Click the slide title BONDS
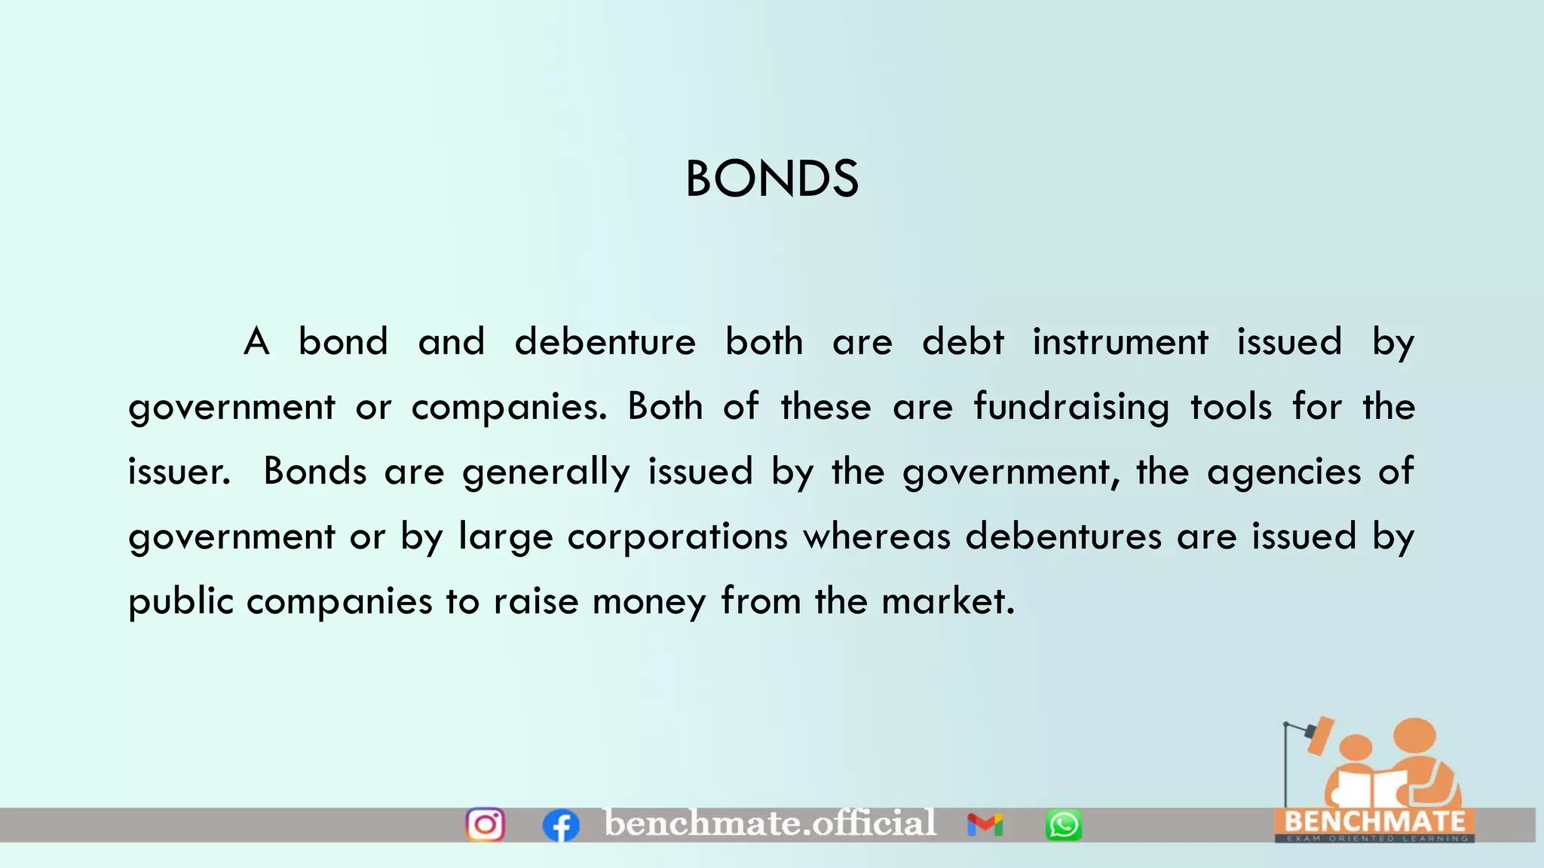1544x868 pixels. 771,179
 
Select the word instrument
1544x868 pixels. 1120,342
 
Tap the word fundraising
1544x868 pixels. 1071,408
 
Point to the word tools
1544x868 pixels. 1231,407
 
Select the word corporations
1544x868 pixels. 677,537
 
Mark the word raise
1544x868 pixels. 536,602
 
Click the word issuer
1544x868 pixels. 179,472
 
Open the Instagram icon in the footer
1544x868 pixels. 486,824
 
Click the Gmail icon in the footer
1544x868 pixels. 985,825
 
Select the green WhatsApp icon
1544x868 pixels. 1063,825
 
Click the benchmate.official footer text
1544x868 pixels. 770,823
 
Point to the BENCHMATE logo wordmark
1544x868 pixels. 1374,821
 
